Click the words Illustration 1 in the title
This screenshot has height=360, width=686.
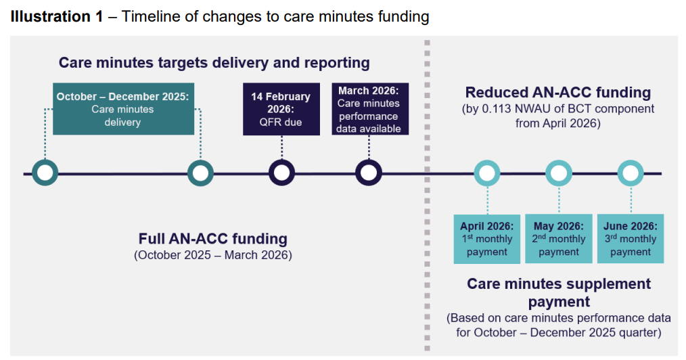[x=56, y=17]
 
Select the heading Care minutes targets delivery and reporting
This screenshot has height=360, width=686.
[x=214, y=63]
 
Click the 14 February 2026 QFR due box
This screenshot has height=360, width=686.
[x=281, y=109]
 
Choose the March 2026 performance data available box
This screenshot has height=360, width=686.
[x=369, y=109]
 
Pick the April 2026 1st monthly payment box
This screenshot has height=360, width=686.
[x=486, y=239]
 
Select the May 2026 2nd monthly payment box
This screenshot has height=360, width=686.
[x=559, y=239]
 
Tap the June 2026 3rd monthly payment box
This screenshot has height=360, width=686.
[x=631, y=239]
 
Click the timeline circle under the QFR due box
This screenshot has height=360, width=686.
[x=281, y=173]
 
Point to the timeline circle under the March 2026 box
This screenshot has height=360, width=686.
[x=369, y=173]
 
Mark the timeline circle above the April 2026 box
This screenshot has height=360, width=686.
[x=487, y=173]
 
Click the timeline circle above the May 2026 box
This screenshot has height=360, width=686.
[x=559, y=173]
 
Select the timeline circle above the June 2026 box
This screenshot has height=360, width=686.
[x=631, y=173]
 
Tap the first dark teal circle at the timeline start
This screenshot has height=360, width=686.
[x=45, y=173]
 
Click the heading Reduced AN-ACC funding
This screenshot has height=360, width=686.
[x=557, y=93]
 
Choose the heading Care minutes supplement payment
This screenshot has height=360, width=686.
[x=558, y=292]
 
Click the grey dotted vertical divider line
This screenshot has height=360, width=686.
[x=426, y=203]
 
